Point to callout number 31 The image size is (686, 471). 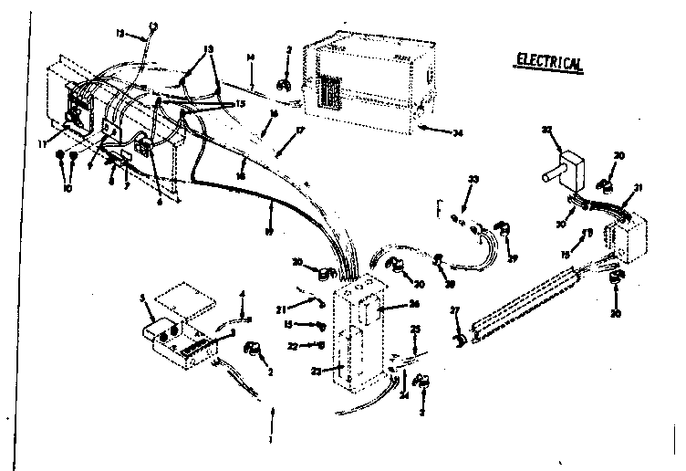[638, 188]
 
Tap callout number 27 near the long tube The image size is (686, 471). [455, 312]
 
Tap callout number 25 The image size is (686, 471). [415, 328]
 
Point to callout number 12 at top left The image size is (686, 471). [119, 34]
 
